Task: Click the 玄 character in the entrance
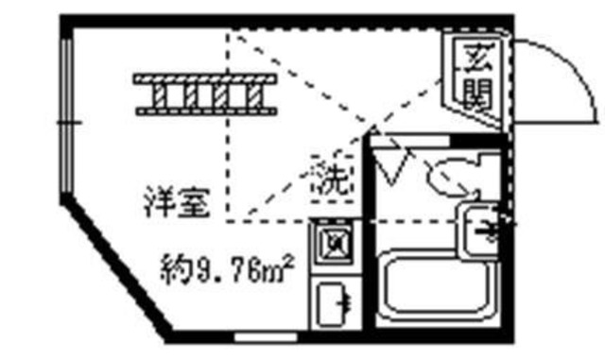(475, 59)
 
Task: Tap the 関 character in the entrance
(475, 92)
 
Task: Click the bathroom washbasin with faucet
(482, 227)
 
